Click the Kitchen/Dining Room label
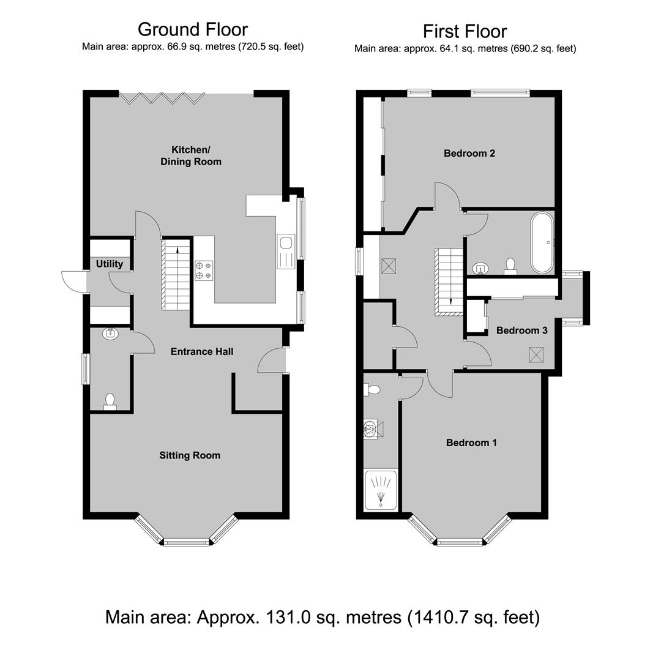191,155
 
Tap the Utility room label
110,264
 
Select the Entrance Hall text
202,351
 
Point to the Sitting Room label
190,455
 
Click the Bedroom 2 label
469,153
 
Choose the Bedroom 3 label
522,330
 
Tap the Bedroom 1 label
471,443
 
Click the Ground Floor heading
193,29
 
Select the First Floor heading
465,31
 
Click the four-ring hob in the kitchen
204,271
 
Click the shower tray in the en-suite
381,490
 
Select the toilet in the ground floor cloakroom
110,401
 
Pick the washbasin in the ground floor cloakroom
110,334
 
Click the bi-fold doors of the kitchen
162,98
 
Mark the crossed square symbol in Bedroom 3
536,354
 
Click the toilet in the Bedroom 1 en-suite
372,390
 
